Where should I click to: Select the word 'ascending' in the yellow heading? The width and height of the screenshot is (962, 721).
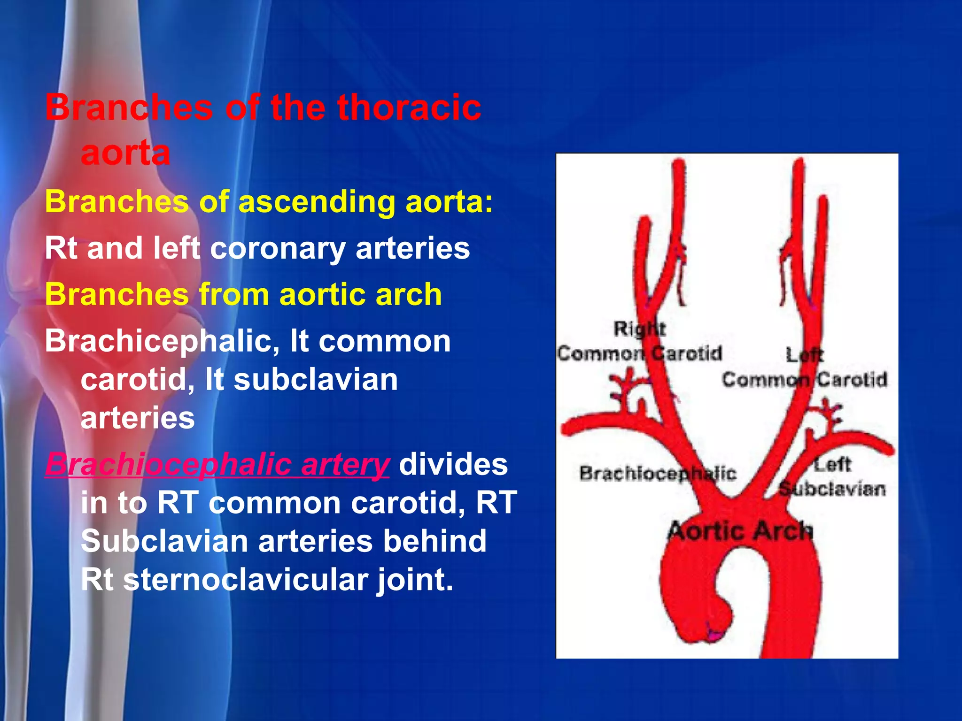tap(317, 202)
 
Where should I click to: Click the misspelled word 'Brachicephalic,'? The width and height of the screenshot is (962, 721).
tap(162, 341)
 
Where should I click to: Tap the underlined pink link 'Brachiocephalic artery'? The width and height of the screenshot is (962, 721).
tap(217, 464)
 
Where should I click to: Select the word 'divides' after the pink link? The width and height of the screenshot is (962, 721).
tap(453, 464)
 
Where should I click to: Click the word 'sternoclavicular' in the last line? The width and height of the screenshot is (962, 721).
tap(245, 580)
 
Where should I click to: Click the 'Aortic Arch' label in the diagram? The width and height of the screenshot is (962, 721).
tap(739, 531)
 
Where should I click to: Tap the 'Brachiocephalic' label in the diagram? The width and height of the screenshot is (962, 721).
tap(657, 473)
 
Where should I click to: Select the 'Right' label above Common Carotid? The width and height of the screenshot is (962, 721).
tap(639, 328)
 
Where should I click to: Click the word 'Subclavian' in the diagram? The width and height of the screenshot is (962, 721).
tap(832, 489)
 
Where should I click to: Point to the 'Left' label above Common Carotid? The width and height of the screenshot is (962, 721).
tap(805, 354)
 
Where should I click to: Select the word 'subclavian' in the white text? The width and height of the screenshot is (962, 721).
tap(316, 380)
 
